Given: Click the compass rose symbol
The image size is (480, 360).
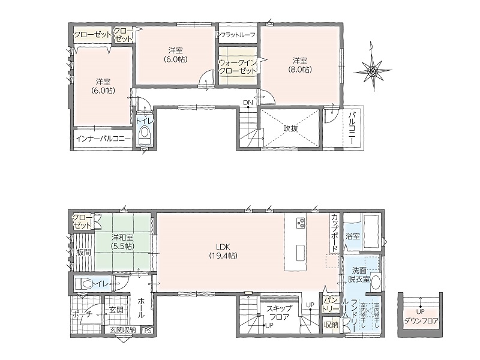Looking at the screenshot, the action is [373, 70].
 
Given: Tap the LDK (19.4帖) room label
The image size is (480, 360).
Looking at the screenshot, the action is [223, 251].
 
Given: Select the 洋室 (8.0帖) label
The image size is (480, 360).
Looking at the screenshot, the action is [299, 65].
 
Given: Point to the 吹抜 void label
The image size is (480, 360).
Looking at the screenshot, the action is [290, 128].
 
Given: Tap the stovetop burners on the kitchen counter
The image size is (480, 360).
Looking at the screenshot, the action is [301, 223].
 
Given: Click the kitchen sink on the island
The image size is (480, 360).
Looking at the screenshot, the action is [301, 253].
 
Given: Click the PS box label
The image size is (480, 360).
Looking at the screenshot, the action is [148, 331].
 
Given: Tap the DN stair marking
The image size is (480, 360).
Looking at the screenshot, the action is [248, 103].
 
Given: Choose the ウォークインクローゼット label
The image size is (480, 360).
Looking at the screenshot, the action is [238, 67].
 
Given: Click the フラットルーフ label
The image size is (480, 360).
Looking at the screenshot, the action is [238, 35].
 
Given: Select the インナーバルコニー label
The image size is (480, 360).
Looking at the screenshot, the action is [103, 139].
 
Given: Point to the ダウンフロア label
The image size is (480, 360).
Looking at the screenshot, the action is [421, 321].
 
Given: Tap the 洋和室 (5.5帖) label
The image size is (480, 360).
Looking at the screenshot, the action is [122, 242].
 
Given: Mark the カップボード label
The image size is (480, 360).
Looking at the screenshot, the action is [334, 233].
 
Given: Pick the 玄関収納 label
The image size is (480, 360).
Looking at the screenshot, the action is [122, 330].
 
